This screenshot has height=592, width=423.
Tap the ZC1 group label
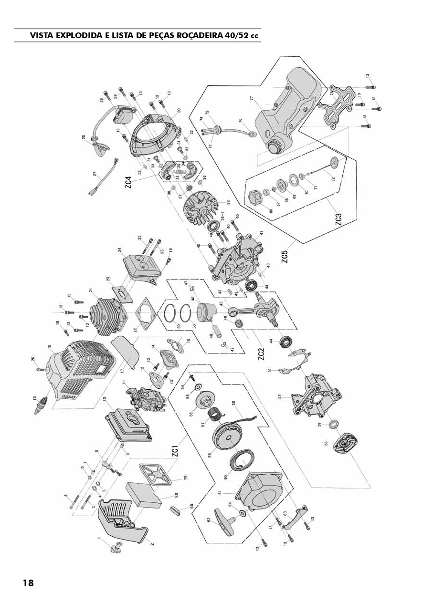pos(175,450)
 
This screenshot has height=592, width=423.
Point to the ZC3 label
pos(338,219)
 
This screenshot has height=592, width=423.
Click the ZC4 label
pos(129,183)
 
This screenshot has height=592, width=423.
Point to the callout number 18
pos(50,346)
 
